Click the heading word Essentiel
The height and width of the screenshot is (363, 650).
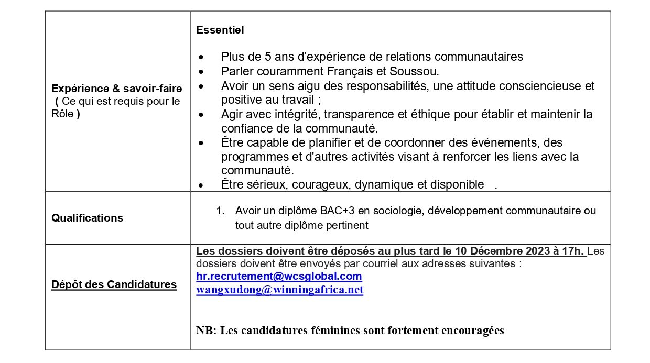click(x=220, y=30)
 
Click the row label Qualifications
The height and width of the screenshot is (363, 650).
click(x=87, y=218)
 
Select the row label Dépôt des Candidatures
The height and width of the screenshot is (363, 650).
click(x=114, y=284)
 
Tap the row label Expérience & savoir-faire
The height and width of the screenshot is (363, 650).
click(x=116, y=89)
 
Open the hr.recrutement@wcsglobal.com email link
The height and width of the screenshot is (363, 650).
click(x=279, y=276)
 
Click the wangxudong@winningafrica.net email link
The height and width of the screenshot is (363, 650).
click(x=279, y=290)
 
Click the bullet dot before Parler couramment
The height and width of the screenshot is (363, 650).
click(x=200, y=71)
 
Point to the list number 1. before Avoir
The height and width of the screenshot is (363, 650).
click(x=220, y=211)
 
